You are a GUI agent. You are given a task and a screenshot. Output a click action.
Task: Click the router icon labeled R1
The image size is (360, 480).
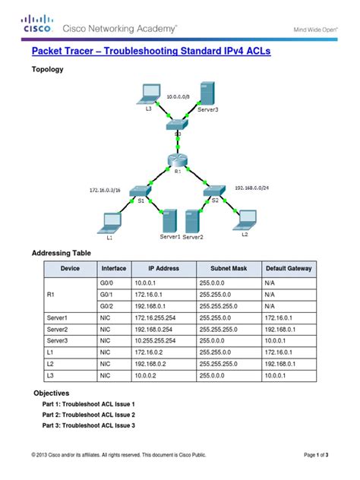tap(178, 160)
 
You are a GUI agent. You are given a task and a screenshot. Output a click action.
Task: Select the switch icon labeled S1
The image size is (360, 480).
tap(138, 191)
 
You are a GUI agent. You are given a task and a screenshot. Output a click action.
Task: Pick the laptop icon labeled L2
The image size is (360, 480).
tap(246, 219)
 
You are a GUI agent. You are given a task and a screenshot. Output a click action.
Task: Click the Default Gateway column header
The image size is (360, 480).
tap(289, 268)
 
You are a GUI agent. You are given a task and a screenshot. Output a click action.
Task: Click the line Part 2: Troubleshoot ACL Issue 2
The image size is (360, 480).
tap(88, 415)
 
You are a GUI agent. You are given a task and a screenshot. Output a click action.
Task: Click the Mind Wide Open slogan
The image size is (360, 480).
tap(314, 30)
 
